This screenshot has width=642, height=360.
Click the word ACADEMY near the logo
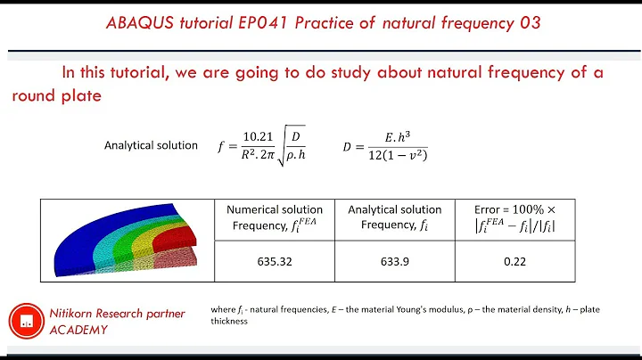[78, 331]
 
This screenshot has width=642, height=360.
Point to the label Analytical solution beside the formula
[151, 145]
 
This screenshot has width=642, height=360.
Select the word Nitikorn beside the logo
[78, 313]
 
